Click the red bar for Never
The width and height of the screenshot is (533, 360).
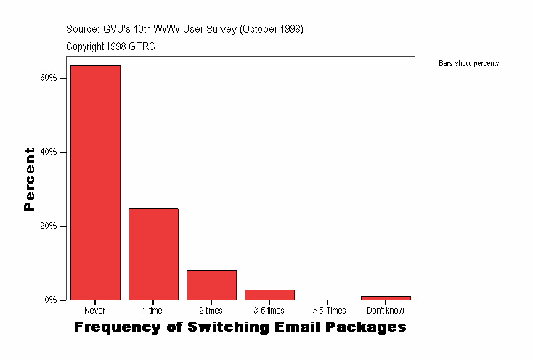click(x=95, y=182)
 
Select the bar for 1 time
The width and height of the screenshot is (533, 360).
click(x=153, y=254)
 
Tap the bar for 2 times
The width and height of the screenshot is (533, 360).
click(x=211, y=285)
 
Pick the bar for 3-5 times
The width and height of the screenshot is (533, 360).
click(x=269, y=295)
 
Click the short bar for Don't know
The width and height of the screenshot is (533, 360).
click(x=386, y=298)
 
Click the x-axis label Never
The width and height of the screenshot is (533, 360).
click(x=95, y=311)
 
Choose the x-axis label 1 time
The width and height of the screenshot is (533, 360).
click(x=153, y=311)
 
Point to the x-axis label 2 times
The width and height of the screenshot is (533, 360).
click(x=211, y=311)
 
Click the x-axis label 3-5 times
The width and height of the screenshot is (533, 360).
click(x=269, y=311)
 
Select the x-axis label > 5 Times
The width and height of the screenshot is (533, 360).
click(x=327, y=311)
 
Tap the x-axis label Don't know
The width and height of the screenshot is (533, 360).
click(x=386, y=311)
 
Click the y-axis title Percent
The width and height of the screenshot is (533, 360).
click(x=30, y=179)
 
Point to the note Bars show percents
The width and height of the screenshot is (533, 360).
click(x=468, y=64)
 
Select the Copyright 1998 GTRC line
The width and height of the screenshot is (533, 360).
click(x=110, y=46)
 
